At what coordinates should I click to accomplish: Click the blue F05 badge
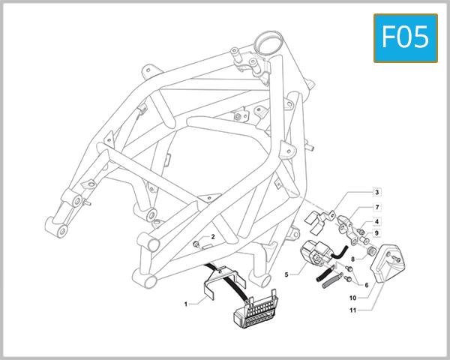click(406, 37)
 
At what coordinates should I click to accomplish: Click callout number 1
click(184, 304)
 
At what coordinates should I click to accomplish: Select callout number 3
click(377, 192)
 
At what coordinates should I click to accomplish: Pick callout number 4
click(377, 222)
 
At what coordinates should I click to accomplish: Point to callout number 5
click(286, 275)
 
